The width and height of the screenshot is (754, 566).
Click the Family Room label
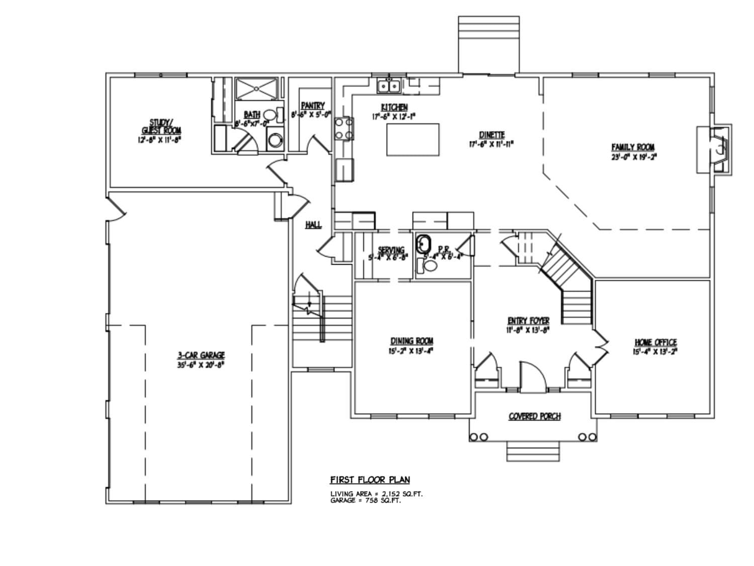[x=633, y=147]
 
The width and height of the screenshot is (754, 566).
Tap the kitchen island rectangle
[x=413, y=139]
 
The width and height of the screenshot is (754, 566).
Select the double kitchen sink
[x=389, y=87]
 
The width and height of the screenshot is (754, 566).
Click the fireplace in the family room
[x=719, y=149]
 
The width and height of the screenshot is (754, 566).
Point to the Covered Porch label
[x=534, y=417]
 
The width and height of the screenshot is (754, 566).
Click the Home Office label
[x=655, y=343]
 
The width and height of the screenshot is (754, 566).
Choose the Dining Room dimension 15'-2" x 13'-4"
[x=411, y=351]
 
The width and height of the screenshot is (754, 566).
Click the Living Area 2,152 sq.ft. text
[x=376, y=494]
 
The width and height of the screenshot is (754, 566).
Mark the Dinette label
[x=492, y=135]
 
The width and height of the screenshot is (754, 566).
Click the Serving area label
[x=391, y=250]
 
